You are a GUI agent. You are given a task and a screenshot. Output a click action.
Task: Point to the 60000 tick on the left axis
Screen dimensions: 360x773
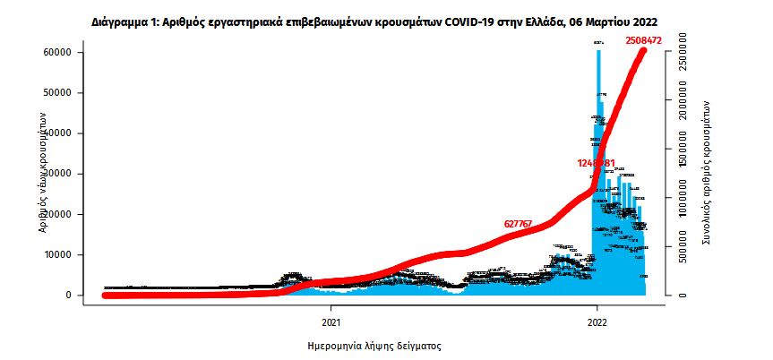pyautogui.click(x=59, y=52)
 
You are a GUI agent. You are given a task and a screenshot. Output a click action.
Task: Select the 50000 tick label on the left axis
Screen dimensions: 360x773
pyautogui.click(x=59, y=93)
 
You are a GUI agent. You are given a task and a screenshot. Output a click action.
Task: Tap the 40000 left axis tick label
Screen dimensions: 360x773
pyautogui.click(x=59, y=133)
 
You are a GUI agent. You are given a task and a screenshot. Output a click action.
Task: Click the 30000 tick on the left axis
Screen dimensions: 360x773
pyautogui.click(x=59, y=174)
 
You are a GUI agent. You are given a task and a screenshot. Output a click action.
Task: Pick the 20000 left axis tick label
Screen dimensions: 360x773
pyautogui.click(x=59, y=214)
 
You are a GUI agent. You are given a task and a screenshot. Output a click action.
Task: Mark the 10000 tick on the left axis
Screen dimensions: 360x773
pyautogui.click(x=59, y=255)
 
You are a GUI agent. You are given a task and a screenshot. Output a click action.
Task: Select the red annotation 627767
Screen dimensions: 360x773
pyautogui.click(x=525, y=224)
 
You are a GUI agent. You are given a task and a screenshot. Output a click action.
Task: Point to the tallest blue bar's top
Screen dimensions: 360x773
pyautogui.click(x=598, y=51)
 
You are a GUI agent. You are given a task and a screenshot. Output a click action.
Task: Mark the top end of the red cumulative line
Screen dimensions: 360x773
pyautogui.click(x=643, y=50)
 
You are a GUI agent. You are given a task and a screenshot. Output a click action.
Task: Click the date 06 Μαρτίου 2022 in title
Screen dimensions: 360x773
pyautogui.click(x=614, y=19)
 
